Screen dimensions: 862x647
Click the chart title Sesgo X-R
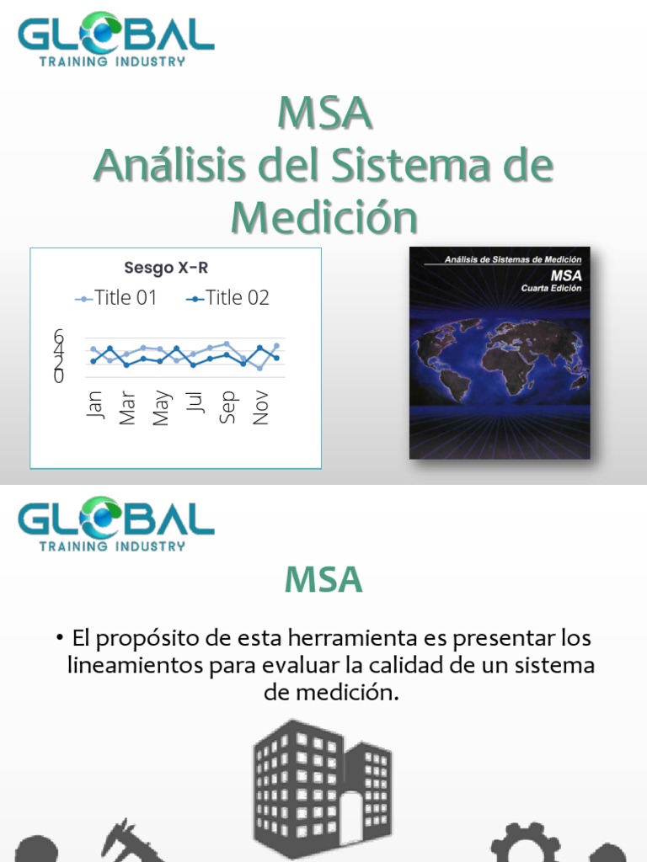pos(166,269)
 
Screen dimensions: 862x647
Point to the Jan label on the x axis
pos(94,405)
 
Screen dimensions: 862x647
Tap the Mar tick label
pos(127,407)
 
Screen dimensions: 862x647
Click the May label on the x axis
pos(161,407)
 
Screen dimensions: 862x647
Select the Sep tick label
pos(227,407)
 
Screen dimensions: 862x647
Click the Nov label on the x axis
pos(260,407)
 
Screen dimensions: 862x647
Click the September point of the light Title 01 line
pos(227,343)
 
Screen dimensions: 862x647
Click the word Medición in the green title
pos(324,218)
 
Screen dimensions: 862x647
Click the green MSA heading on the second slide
pos(323,579)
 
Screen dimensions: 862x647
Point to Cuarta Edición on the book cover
pos(551,288)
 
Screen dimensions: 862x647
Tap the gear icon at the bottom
pos(525,844)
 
